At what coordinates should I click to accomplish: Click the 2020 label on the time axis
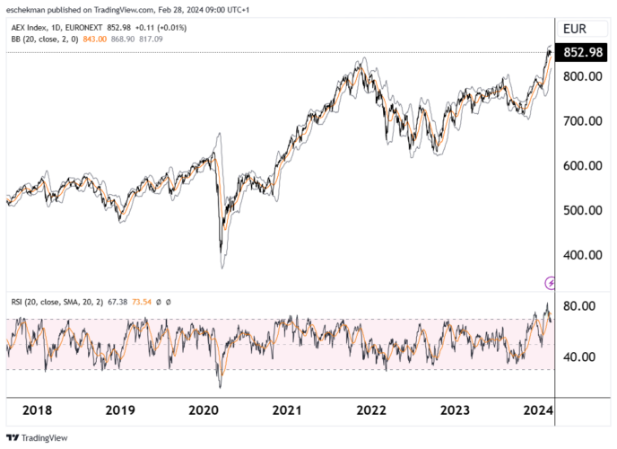tap(204, 410)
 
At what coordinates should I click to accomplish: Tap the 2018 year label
tap(37, 410)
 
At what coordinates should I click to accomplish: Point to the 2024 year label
tap(539, 410)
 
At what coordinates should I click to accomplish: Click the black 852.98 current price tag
tap(584, 53)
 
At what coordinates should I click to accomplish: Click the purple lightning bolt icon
tap(551, 283)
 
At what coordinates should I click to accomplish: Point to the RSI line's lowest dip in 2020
tap(220, 386)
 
